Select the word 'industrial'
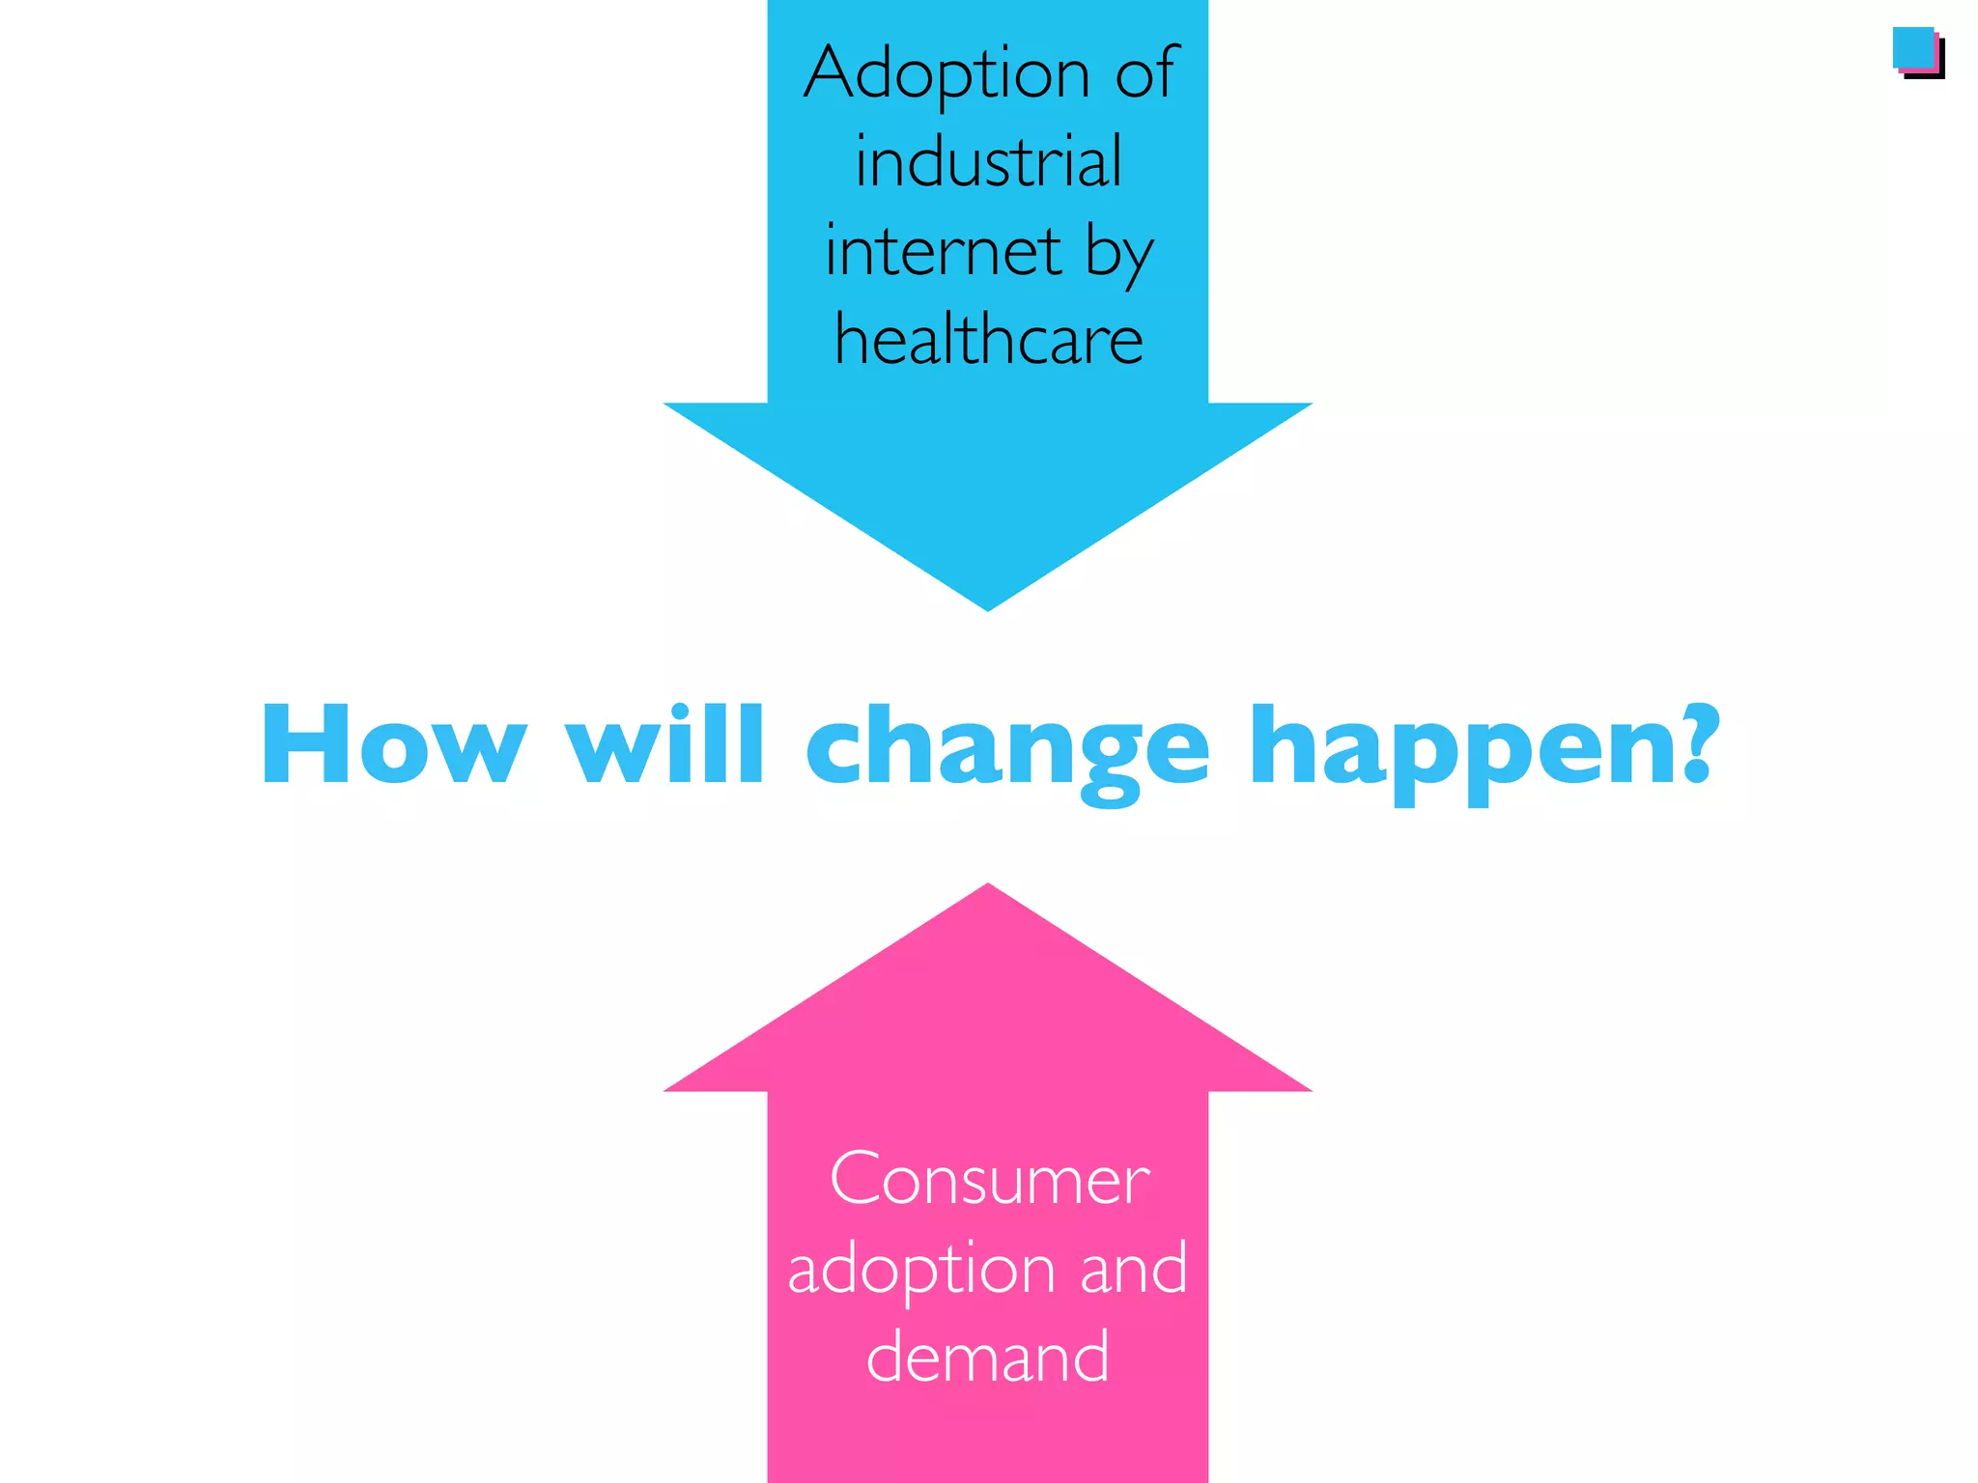coord(988,161)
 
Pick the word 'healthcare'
coord(988,340)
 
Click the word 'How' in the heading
coord(393,745)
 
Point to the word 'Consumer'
coord(989,1180)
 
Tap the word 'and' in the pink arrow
coord(1133,1269)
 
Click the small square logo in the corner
coord(1917,52)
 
